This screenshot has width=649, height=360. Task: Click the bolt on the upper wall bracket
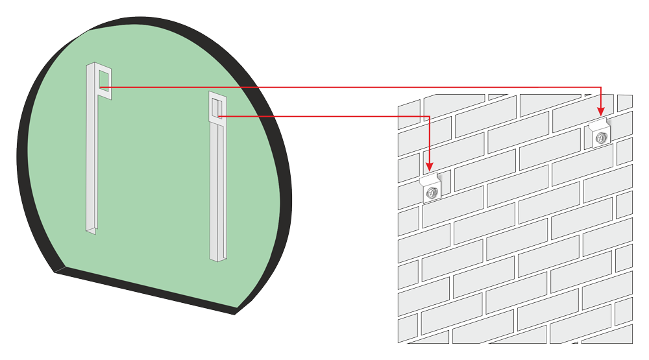601,138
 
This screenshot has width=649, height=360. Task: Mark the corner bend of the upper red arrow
600,87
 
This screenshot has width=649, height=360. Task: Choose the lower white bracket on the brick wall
432,189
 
